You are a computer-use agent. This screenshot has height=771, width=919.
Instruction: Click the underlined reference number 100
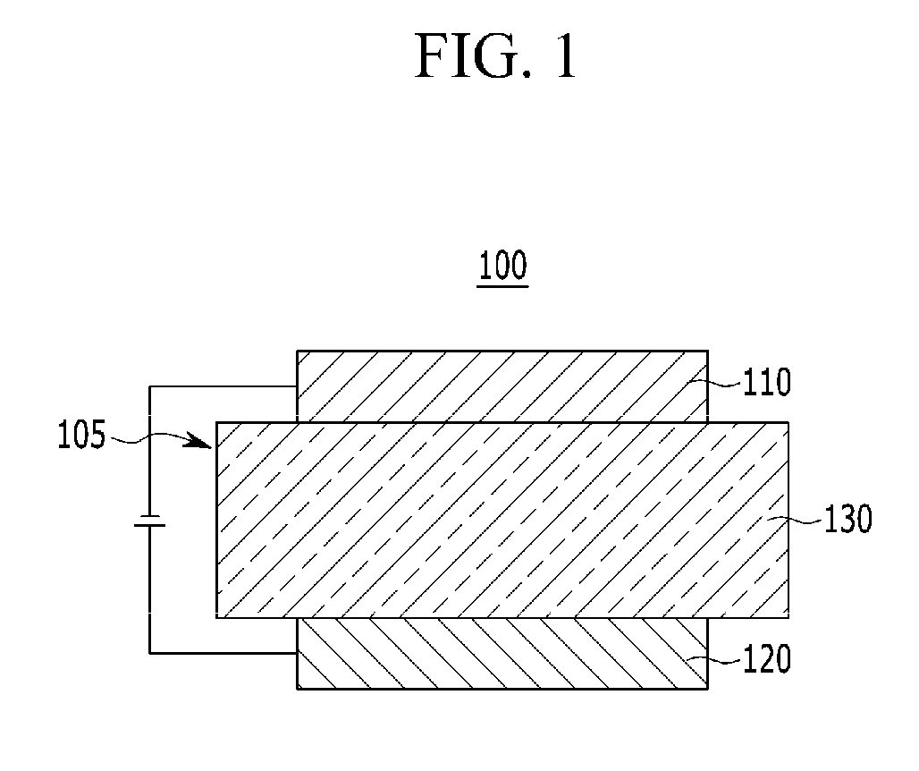click(x=502, y=266)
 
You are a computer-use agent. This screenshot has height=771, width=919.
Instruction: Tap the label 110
click(x=767, y=383)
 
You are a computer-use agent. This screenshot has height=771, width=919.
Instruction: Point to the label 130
click(x=847, y=519)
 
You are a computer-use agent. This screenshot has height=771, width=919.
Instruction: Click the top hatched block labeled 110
click(x=502, y=385)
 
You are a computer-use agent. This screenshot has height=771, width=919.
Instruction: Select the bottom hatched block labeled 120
click(x=502, y=653)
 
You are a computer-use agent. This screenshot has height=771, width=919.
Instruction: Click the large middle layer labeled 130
click(x=502, y=519)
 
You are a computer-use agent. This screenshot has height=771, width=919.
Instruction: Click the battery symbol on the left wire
click(x=149, y=521)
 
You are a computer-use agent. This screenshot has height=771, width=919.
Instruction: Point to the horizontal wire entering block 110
click(x=223, y=386)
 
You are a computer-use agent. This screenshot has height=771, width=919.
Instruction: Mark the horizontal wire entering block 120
click(x=223, y=653)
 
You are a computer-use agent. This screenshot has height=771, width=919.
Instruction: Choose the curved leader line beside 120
click(x=725, y=660)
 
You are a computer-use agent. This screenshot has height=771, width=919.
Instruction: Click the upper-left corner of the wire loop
click(x=149, y=386)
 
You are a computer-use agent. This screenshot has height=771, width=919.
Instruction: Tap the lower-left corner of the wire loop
click(x=149, y=653)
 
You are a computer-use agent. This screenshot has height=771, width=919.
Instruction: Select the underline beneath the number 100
click(x=502, y=286)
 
